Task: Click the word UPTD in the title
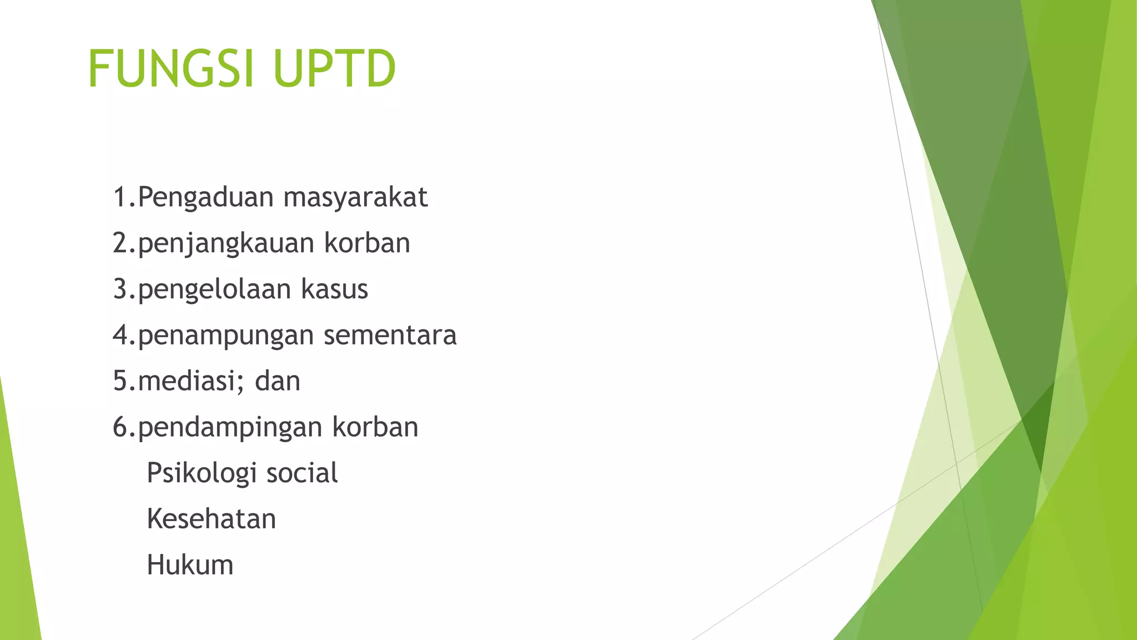(334, 68)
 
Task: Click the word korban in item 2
(367, 243)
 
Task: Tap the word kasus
(334, 289)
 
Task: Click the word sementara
(390, 336)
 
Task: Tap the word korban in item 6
(375, 427)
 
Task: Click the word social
(302, 473)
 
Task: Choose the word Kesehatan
(211, 519)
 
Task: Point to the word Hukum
(190, 566)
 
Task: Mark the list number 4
(120, 336)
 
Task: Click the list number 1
(120, 198)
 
